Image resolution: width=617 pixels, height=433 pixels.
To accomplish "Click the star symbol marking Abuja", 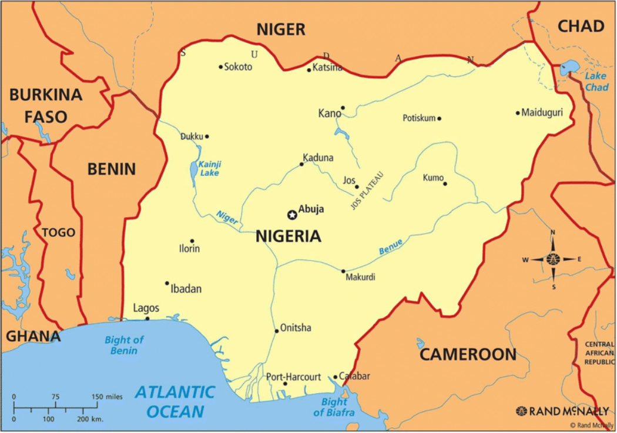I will pyautogui.click(x=291, y=215).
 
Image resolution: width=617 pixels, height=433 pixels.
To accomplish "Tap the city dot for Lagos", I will pyautogui.click(x=147, y=319).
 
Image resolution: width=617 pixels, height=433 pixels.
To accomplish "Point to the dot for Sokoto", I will pyautogui.click(x=221, y=66).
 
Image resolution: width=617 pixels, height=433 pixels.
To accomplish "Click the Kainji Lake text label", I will pyautogui.click(x=209, y=169).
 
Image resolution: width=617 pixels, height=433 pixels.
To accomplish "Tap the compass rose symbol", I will pyautogui.click(x=553, y=259).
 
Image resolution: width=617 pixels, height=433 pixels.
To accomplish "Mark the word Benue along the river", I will pyautogui.click(x=391, y=247).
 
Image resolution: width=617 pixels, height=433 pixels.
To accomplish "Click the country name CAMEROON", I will pyautogui.click(x=468, y=354).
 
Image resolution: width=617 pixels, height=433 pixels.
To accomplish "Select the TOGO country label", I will pyautogui.click(x=58, y=232).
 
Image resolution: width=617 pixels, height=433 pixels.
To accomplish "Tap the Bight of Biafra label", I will pyautogui.click(x=334, y=407).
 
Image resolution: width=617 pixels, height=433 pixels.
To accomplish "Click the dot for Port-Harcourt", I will pyautogui.click(x=285, y=384).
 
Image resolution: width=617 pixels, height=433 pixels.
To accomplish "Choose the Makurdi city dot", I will pyautogui.click(x=344, y=271).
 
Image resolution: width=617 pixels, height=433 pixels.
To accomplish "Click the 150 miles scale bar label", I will pyautogui.click(x=107, y=397).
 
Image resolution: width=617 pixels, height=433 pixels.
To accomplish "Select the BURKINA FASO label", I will pyautogui.click(x=46, y=105).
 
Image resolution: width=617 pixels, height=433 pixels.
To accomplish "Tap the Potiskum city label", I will pyautogui.click(x=419, y=118).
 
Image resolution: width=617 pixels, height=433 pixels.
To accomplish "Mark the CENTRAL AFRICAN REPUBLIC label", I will pyautogui.click(x=599, y=352).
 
